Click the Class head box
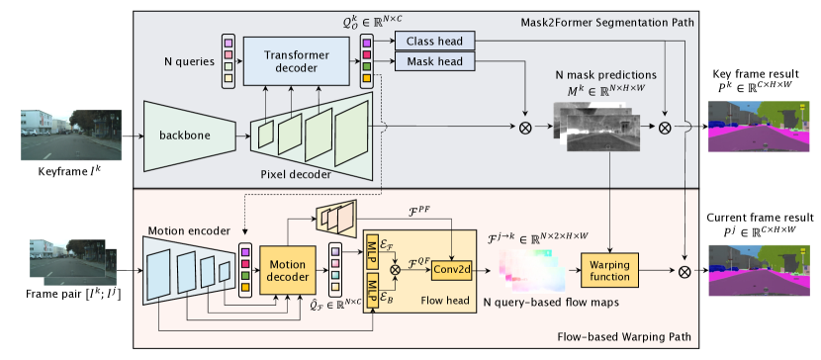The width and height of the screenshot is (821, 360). pos(434,41)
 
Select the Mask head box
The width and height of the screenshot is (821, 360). pos(434,61)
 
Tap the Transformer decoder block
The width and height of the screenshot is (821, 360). pos(297,61)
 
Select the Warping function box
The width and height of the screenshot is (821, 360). pos(609,269)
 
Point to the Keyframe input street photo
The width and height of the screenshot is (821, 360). pos(71,135)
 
